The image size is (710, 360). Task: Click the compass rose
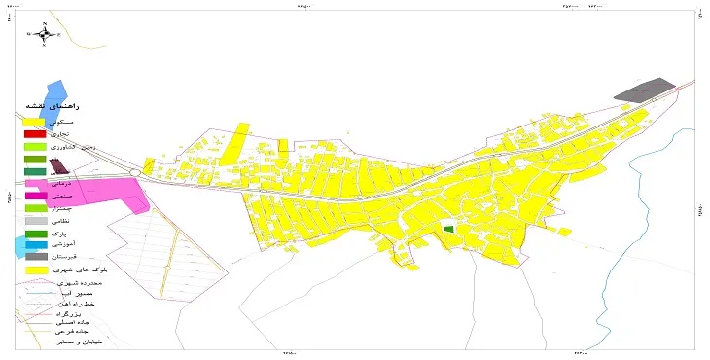click(45, 35)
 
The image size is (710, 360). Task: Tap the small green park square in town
click(447, 227)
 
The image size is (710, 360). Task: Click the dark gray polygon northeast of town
click(646, 90)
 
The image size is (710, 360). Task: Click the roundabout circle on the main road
click(135, 173)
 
